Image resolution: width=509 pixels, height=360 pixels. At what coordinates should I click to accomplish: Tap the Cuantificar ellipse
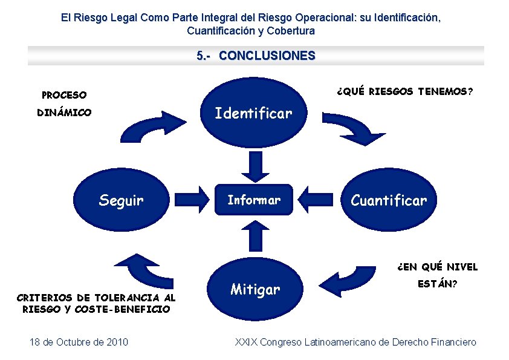click(x=389, y=200)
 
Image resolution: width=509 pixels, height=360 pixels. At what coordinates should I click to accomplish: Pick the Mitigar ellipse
click(x=254, y=289)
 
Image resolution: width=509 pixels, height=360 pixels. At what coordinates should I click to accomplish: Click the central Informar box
click(x=253, y=200)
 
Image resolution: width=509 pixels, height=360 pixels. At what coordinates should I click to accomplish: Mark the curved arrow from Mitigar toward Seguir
click(x=145, y=271)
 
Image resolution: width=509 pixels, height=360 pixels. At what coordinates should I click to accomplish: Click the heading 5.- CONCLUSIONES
click(x=256, y=56)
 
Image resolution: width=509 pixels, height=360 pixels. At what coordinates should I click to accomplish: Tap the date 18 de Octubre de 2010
click(x=79, y=342)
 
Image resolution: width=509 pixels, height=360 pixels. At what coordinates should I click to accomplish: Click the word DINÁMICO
click(x=64, y=113)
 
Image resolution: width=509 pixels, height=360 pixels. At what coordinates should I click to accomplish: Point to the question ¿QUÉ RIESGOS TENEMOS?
click(x=405, y=92)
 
